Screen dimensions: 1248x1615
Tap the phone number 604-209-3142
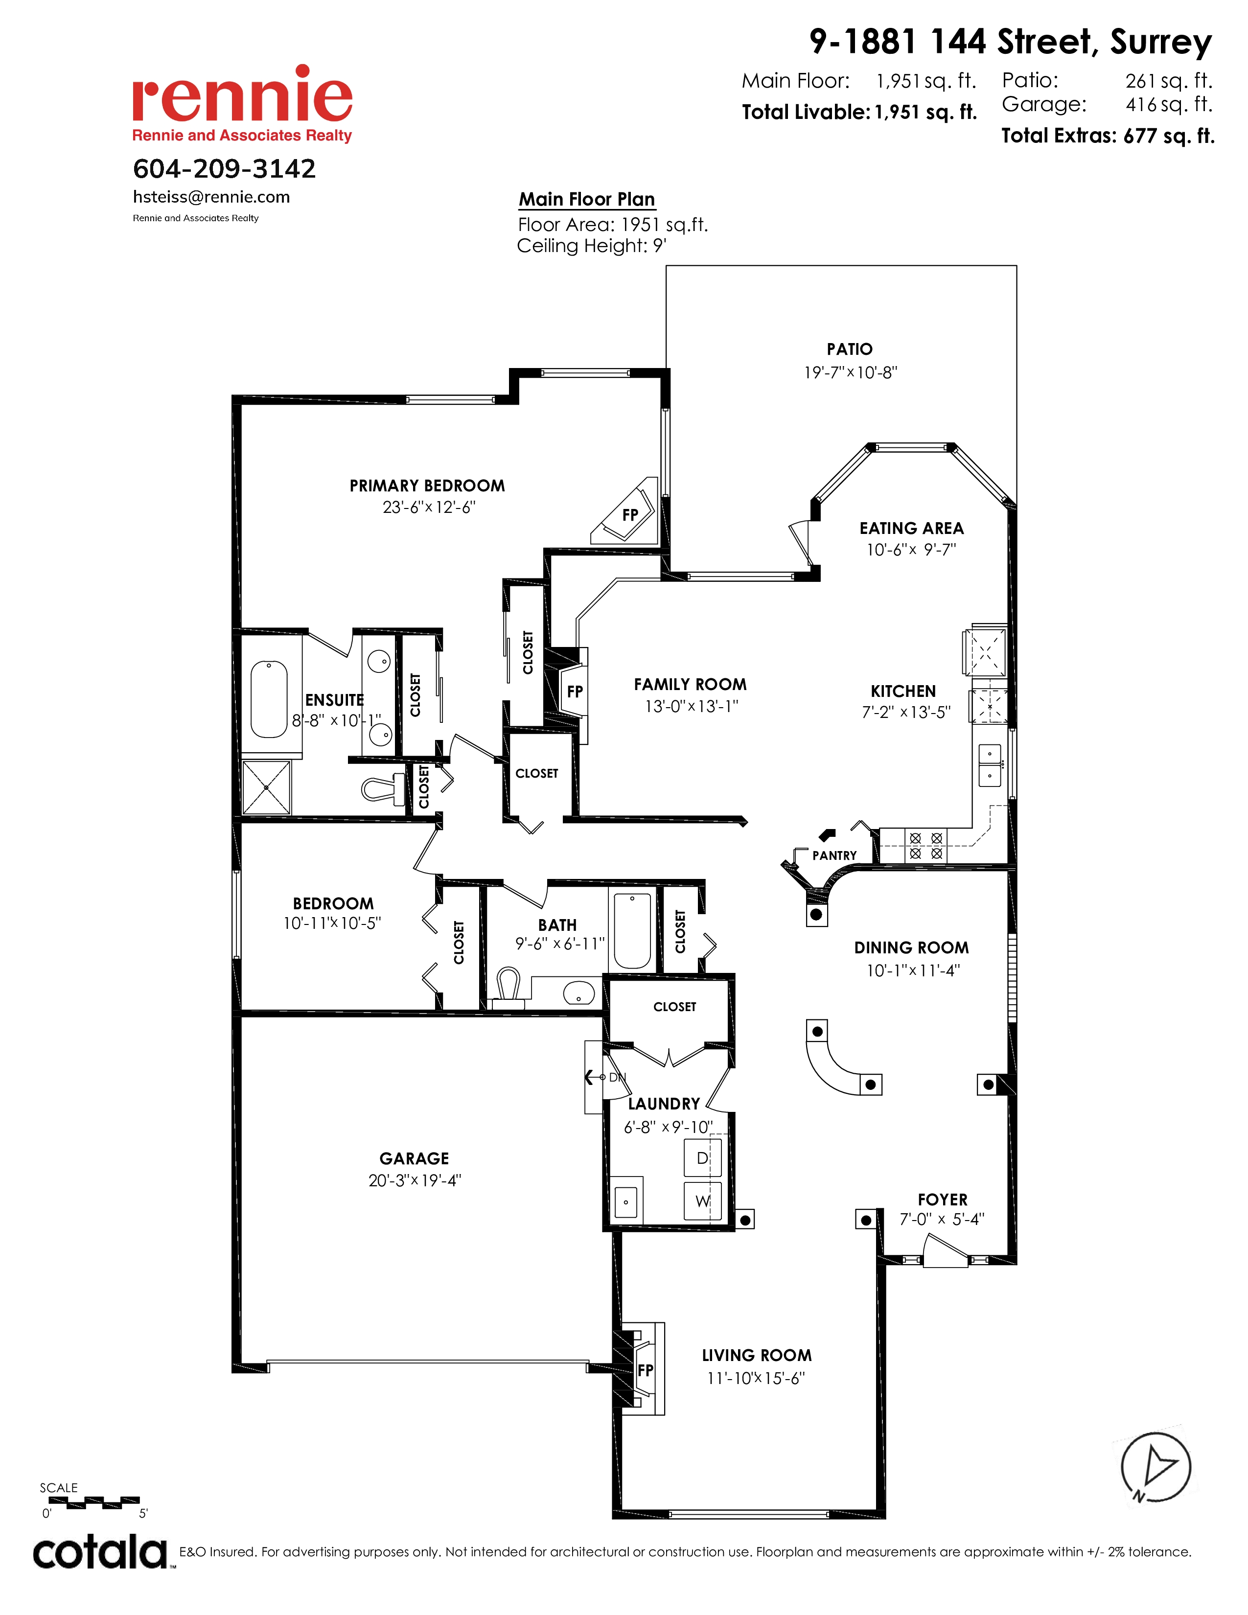[x=224, y=169]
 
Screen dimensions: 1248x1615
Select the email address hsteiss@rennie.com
[x=211, y=197]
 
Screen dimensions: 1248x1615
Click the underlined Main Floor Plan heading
[x=587, y=200]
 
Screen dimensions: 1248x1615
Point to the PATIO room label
[x=850, y=349]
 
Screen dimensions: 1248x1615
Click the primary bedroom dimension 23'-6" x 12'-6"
[x=429, y=508]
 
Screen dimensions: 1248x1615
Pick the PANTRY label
[x=834, y=855]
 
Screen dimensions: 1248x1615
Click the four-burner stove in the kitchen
[x=925, y=845]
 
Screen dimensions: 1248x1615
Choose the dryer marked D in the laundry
[x=702, y=1157]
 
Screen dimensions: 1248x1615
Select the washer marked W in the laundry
[x=702, y=1201]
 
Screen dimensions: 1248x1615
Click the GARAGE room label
[x=414, y=1159]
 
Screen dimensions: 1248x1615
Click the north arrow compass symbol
[x=1155, y=1468]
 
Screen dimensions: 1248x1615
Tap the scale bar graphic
[x=94, y=1502]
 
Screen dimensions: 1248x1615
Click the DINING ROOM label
[x=911, y=948]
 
